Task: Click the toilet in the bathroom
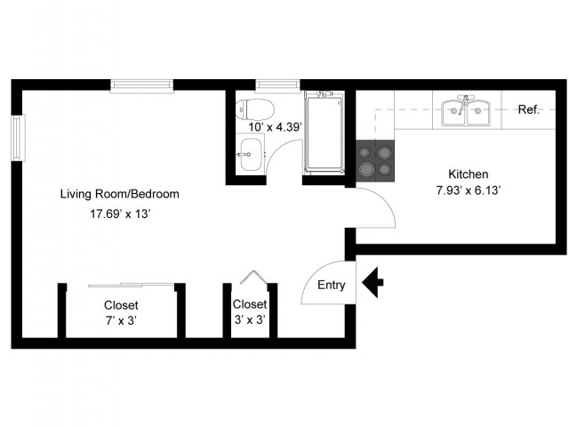click(x=254, y=109)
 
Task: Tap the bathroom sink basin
click(x=251, y=154)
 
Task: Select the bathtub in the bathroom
click(x=324, y=133)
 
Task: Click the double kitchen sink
click(x=466, y=112)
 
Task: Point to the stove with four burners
click(x=375, y=160)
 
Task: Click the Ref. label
click(x=529, y=109)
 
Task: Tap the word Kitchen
click(x=469, y=174)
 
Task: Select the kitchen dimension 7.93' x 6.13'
click(x=469, y=190)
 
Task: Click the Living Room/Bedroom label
click(x=120, y=194)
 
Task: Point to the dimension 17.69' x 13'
click(x=120, y=213)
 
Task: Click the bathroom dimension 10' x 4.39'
click(x=275, y=127)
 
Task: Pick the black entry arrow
click(x=373, y=283)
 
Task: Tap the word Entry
click(x=332, y=285)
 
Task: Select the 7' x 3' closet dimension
click(x=121, y=321)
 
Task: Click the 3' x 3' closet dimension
click(x=250, y=320)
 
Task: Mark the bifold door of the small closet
click(x=254, y=277)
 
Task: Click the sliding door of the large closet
click(x=132, y=285)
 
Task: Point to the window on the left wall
click(x=18, y=138)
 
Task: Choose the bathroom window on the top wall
click(x=278, y=86)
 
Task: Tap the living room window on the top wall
click(x=142, y=86)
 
